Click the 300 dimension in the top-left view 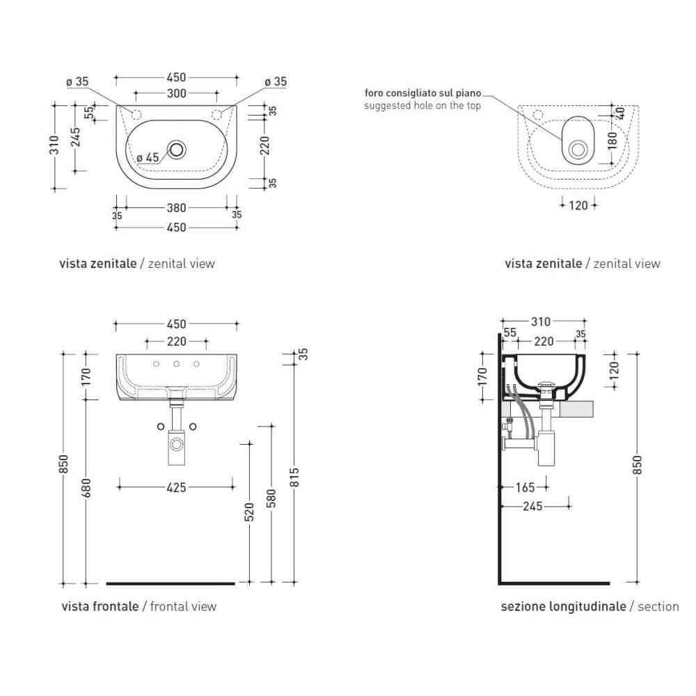(176, 93)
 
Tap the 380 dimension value (176, 207)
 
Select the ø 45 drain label (148, 157)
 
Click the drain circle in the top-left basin (177, 149)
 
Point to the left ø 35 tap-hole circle (136, 115)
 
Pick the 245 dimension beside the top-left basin (76, 136)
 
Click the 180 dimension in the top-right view (612, 141)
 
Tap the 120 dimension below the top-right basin (578, 205)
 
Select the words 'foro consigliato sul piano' (422, 93)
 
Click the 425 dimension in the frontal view (176, 487)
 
